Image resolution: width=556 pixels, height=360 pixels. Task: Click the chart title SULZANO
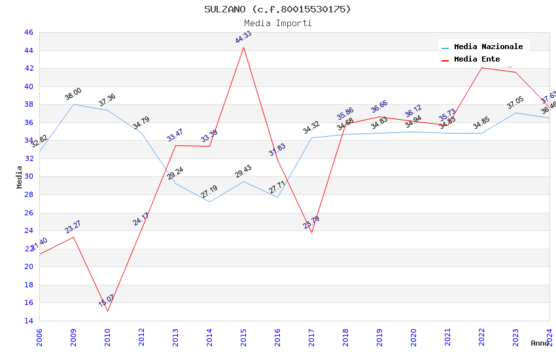pos(277,9)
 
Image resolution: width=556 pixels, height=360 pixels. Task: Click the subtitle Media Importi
pos(277,23)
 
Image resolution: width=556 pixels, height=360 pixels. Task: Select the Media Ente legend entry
pos(477,59)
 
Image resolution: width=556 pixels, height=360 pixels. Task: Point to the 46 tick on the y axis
pos(28,32)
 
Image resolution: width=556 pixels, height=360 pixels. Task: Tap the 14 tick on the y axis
pos(28,321)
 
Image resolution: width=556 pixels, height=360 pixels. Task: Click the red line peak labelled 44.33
pos(244,47)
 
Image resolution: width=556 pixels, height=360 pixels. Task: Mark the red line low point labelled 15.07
pos(107,311)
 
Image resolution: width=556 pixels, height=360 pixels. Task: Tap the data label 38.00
pos(73,94)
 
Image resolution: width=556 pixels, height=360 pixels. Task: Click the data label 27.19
pos(209,192)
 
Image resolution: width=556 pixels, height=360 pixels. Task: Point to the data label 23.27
pos(73,227)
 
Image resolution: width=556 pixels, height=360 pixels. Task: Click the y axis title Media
pos(20,177)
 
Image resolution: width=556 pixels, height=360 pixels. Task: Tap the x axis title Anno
pos(540,343)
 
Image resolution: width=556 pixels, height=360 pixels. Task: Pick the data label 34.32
pos(311,128)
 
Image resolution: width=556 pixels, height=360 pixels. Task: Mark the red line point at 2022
pos(482,67)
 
